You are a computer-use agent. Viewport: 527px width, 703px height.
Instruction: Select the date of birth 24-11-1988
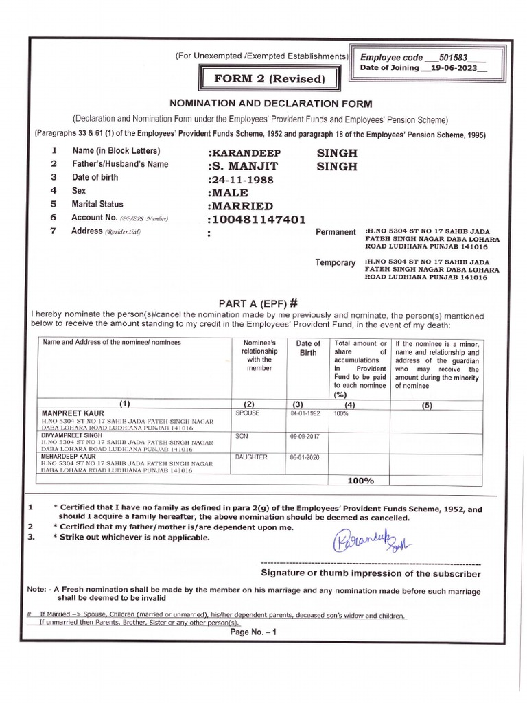tap(241, 180)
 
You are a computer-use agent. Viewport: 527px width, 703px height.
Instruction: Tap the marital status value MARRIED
tap(239, 206)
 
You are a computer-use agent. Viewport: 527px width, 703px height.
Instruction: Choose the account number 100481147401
tap(256, 220)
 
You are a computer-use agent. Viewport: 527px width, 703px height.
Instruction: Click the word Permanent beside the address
tap(336, 232)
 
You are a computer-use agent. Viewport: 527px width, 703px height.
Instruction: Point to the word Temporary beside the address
tap(335, 263)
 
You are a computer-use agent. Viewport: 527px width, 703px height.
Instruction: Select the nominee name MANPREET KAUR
tap(70, 413)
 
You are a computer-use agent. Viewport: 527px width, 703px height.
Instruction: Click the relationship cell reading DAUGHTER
tap(251, 457)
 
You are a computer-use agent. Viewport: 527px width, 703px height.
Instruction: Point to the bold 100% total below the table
tap(360, 481)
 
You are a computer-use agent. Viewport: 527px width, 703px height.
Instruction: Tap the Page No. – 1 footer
tap(253, 632)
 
